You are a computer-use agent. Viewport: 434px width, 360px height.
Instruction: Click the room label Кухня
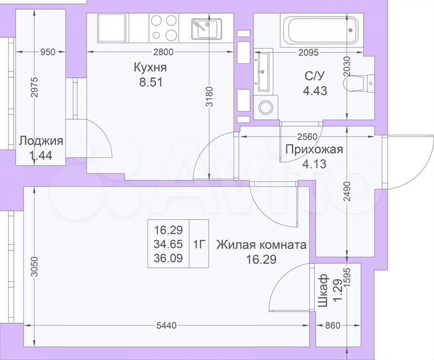click(149, 68)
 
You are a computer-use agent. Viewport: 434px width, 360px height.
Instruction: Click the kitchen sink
click(205, 28)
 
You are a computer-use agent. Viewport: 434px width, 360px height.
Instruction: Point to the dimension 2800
click(162, 53)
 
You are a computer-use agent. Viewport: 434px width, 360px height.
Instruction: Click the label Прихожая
click(313, 149)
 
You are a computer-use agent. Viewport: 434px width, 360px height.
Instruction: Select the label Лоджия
click(41, 141)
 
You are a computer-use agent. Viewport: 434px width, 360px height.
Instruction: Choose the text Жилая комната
click(261, 245)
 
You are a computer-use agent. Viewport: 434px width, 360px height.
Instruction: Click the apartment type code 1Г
click(199, 243)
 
